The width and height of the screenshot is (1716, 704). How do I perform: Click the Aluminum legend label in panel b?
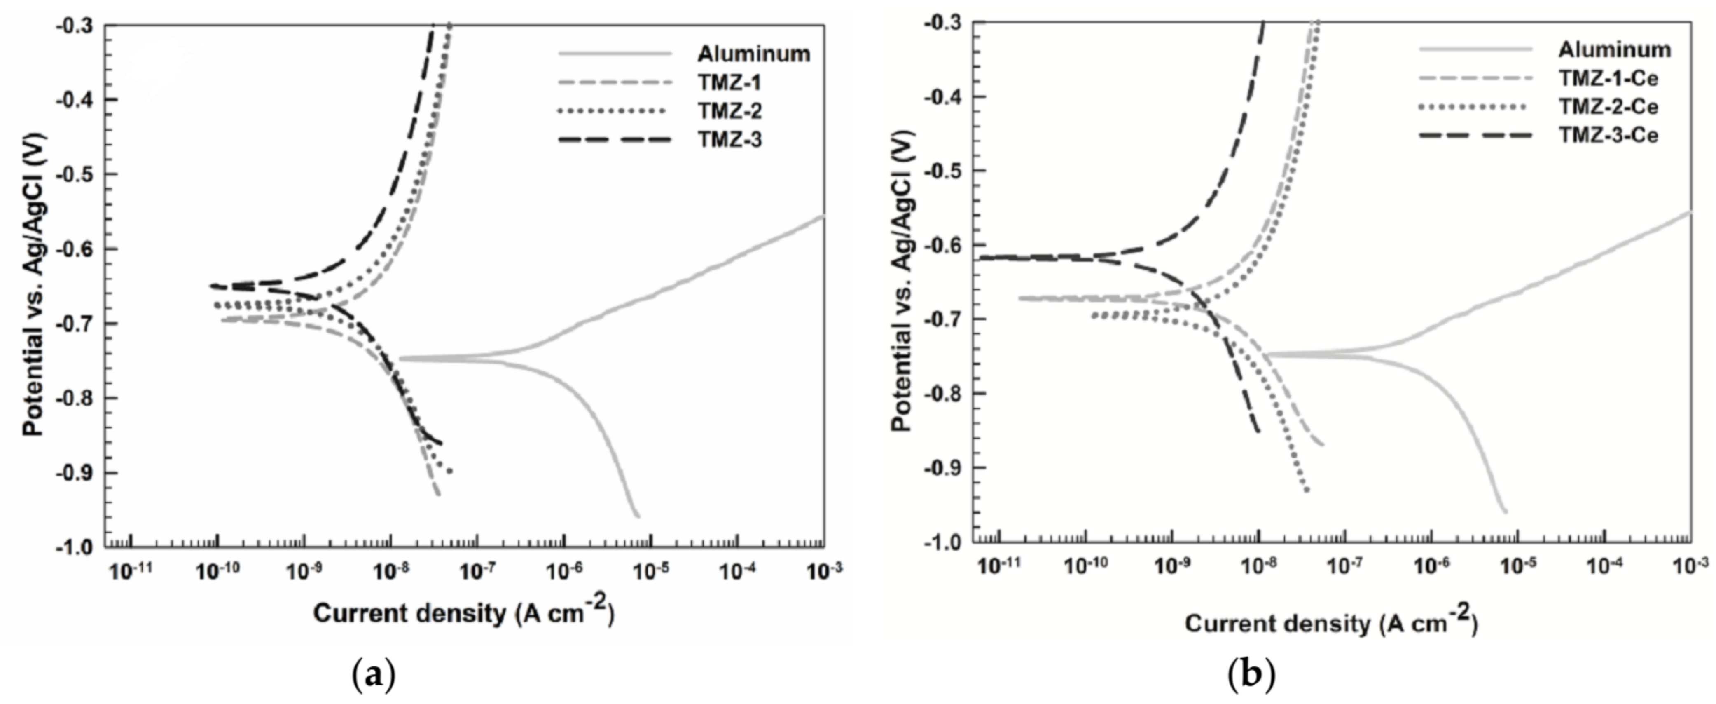[x=1615, y=49]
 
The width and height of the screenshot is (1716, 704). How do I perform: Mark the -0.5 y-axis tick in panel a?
[x=77, y=175]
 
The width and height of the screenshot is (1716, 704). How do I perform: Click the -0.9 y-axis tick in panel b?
[x=945, y=467]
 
